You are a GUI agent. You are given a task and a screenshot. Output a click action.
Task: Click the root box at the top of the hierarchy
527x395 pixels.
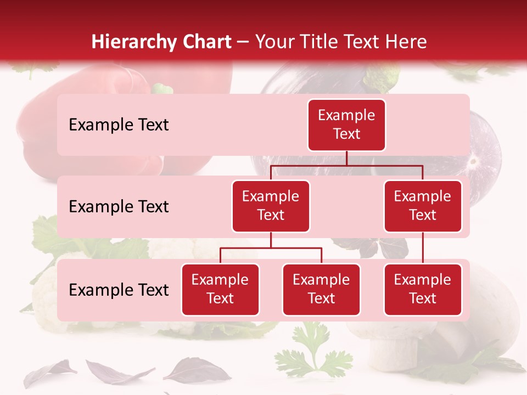pos(346,125)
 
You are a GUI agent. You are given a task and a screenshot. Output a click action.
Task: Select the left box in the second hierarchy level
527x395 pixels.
pos(271,206)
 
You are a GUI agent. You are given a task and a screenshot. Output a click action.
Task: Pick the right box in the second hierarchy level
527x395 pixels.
pos(423,206)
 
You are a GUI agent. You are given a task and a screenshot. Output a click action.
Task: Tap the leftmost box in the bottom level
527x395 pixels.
pos(220,290)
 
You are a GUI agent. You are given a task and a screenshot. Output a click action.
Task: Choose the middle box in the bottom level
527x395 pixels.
pos(321,290)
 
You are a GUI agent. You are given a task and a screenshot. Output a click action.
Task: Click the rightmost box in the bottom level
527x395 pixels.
pos(423,290)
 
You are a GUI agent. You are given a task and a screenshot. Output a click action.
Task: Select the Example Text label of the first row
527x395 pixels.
pos(119,125)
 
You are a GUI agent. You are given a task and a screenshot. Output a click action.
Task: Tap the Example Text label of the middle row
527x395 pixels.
pos(119,207)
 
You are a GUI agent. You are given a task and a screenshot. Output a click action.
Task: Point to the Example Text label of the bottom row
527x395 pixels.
pos(119,290)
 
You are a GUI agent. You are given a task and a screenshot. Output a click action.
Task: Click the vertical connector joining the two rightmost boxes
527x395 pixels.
pos(423,248)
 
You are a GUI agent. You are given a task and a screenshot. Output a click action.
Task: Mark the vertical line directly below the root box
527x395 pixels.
pos(346,158)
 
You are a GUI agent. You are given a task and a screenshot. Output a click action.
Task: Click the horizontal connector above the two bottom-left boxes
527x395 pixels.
pos(271,248)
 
